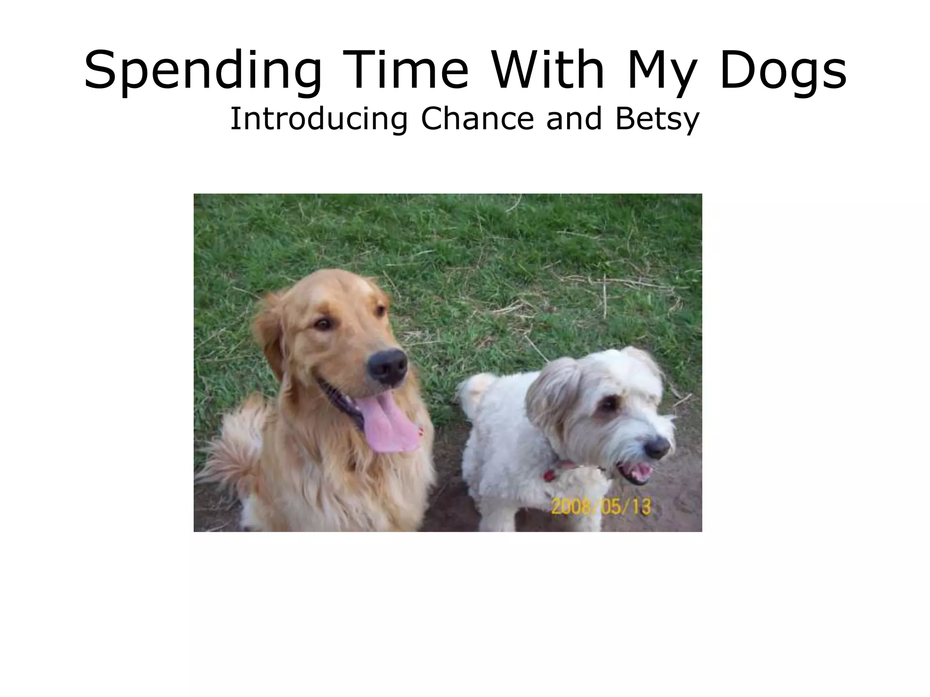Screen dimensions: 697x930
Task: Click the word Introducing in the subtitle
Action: [x=318, y=119]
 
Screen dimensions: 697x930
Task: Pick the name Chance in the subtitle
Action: [x=476, y=118]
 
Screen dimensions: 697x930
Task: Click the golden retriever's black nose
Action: [x=387, y=365]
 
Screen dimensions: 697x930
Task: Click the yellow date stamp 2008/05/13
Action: [x=601, y=506]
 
